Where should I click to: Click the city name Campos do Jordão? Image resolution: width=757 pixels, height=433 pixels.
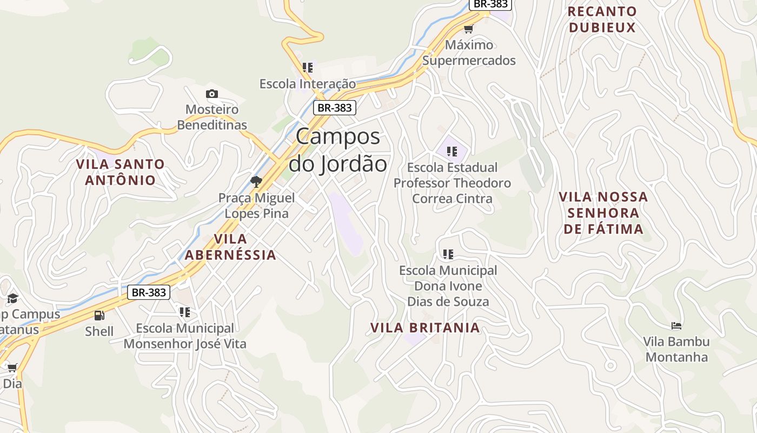coord(338,150)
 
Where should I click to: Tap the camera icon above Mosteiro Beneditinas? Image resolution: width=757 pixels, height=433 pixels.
coord(212,94)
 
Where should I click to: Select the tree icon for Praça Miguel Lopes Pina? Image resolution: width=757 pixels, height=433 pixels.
coord(256,181)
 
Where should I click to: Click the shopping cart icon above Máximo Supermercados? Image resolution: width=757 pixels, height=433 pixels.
coord(468,29)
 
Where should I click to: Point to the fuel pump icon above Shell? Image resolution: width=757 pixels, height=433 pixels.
coord(99,315)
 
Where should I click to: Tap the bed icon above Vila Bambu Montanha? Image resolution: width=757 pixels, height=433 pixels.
coord(676,325)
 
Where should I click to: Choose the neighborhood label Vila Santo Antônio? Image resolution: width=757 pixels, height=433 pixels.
coord(120,172)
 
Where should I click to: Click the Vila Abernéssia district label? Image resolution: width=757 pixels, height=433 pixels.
coord(230,247)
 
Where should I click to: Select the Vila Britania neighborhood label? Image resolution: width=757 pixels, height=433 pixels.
coord(425,327)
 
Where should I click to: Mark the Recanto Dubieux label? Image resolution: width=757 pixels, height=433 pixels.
coord(602,19)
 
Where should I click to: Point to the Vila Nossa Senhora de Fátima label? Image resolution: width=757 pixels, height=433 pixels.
coord(603,213)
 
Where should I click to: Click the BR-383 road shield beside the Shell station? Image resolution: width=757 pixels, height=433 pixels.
coord(149,292)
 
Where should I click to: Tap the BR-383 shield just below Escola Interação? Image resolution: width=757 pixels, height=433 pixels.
coord(334,108)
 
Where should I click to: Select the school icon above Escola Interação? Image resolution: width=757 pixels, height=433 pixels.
coord(308,68)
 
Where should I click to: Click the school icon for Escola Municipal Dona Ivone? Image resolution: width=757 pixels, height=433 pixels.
coord(448,254)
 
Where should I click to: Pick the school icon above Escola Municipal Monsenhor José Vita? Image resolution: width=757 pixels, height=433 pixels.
coord(185,312)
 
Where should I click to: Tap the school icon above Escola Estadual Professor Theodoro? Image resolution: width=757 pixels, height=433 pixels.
coord(452,151)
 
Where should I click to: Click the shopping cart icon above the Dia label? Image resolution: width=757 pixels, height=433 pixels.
coord(12,368)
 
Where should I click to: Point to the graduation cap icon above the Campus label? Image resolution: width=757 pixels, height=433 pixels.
coord(12,298)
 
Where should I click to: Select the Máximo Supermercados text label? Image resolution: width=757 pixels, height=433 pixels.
coord(469,53)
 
